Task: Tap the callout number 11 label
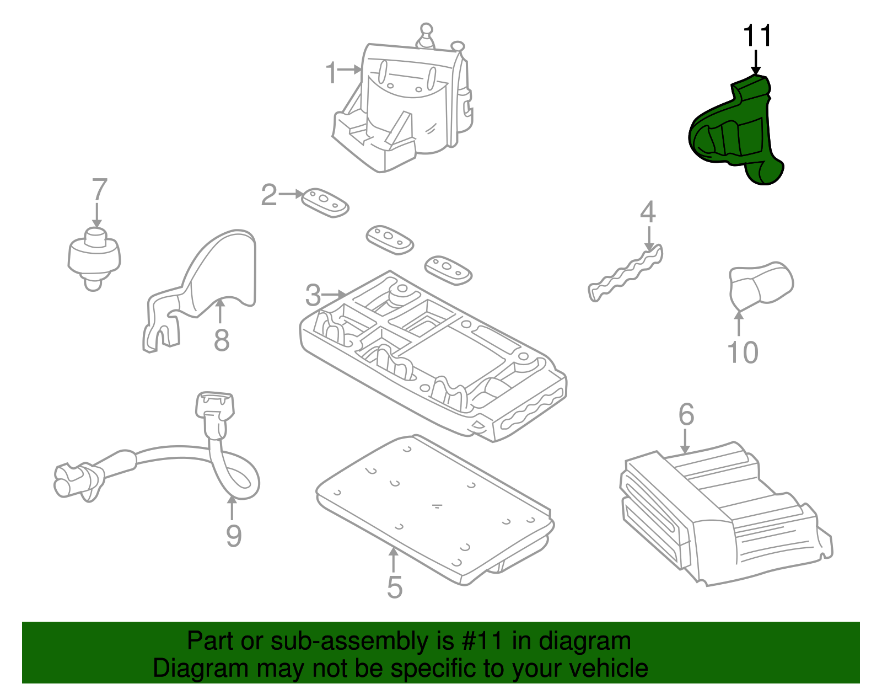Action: (757, 36)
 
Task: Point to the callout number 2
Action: (269, 195)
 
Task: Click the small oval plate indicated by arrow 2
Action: (325, 202)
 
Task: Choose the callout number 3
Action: (313, 296)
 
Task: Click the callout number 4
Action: (648, 212)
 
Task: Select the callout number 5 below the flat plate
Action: (395, 587)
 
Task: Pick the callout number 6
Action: (686, 414)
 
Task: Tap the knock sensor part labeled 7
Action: (94, 257)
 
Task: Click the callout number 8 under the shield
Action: (222, 340)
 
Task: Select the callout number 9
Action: (234, 536)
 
